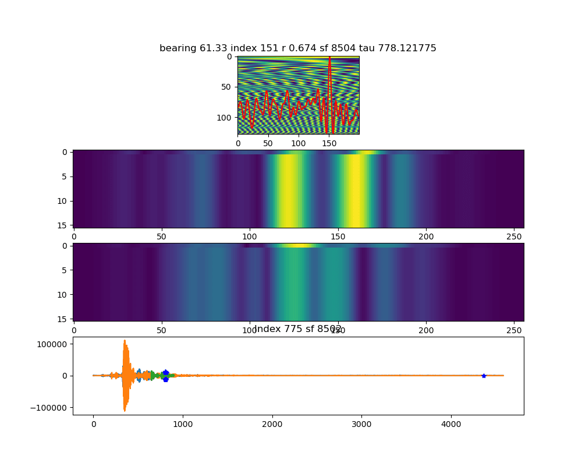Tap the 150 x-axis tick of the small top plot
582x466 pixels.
[328, 142]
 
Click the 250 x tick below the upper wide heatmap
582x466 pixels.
[515, 236]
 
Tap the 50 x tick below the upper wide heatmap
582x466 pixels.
[161, 236]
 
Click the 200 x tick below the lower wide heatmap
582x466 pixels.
[427, 329]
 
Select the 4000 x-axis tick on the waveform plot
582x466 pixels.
[451, 423]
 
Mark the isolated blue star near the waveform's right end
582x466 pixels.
[484, 376]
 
